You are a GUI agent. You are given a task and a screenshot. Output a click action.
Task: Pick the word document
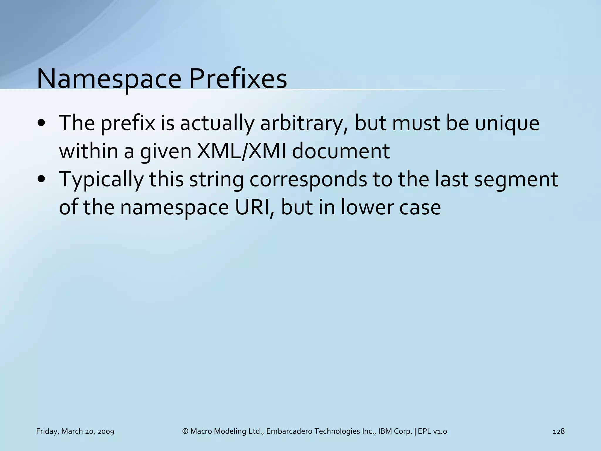pyautogui.click(x=341, y=151)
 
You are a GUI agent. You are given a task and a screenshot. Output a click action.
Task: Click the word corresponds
pyautogui.click(x=308, y=180)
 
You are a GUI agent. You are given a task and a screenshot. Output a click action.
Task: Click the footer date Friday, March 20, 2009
pyautogui.click(x=75, y=431)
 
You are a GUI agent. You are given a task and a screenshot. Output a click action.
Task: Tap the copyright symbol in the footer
pyautogui.click(x=185, y=431)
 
